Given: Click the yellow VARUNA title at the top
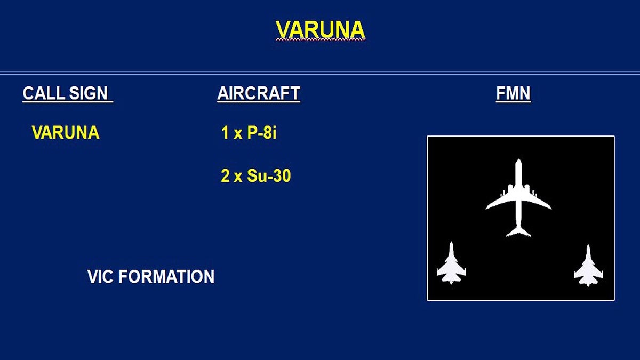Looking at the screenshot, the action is click(321, 30).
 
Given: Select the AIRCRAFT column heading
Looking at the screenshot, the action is click(259, 93).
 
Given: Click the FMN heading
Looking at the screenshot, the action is click(513, 93).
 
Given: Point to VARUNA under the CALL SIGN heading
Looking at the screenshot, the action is click(66, 133).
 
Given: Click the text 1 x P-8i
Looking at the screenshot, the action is click(249, 133).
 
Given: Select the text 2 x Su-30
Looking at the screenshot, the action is click(255, 175).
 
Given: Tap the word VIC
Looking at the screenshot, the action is click(100, 276).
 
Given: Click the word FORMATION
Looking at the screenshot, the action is click(166, 276).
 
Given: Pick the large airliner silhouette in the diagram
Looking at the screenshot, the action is click(518, 198).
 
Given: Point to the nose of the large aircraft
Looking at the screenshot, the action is click(518, 160).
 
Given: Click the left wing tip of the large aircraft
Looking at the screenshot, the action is click(486, 209).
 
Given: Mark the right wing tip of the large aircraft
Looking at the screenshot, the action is click(551, 209).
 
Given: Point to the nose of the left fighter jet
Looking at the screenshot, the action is click(451, 243).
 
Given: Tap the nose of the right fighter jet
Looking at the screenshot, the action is click(588, 245).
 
